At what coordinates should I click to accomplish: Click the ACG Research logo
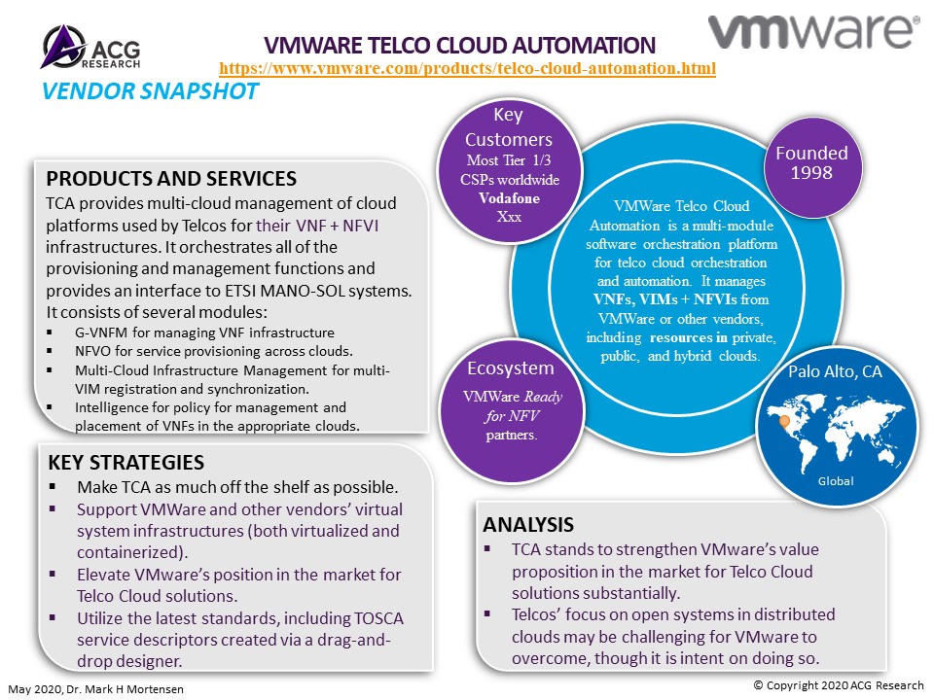point(91,47)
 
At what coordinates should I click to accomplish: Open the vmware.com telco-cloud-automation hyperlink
point(468,68)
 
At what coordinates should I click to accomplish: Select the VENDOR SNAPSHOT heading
point(150,91)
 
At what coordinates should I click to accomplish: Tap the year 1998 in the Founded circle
point(811,173)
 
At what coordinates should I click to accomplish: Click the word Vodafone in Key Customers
point(509,198)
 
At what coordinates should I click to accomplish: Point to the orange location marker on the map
point(784,422)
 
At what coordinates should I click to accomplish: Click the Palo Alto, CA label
point(835,372)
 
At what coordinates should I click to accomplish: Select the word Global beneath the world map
point(836,481)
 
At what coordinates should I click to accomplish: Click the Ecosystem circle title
point(511,368)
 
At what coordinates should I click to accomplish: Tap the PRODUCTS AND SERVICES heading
point(171,179)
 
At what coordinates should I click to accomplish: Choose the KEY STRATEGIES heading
point(126,463)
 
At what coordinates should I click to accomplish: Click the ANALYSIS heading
point(528,524)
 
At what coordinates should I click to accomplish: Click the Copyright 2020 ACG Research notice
point(839,685)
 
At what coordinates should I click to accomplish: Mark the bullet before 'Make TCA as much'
point(53,486)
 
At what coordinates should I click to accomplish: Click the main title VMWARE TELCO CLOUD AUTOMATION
point(460,46)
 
